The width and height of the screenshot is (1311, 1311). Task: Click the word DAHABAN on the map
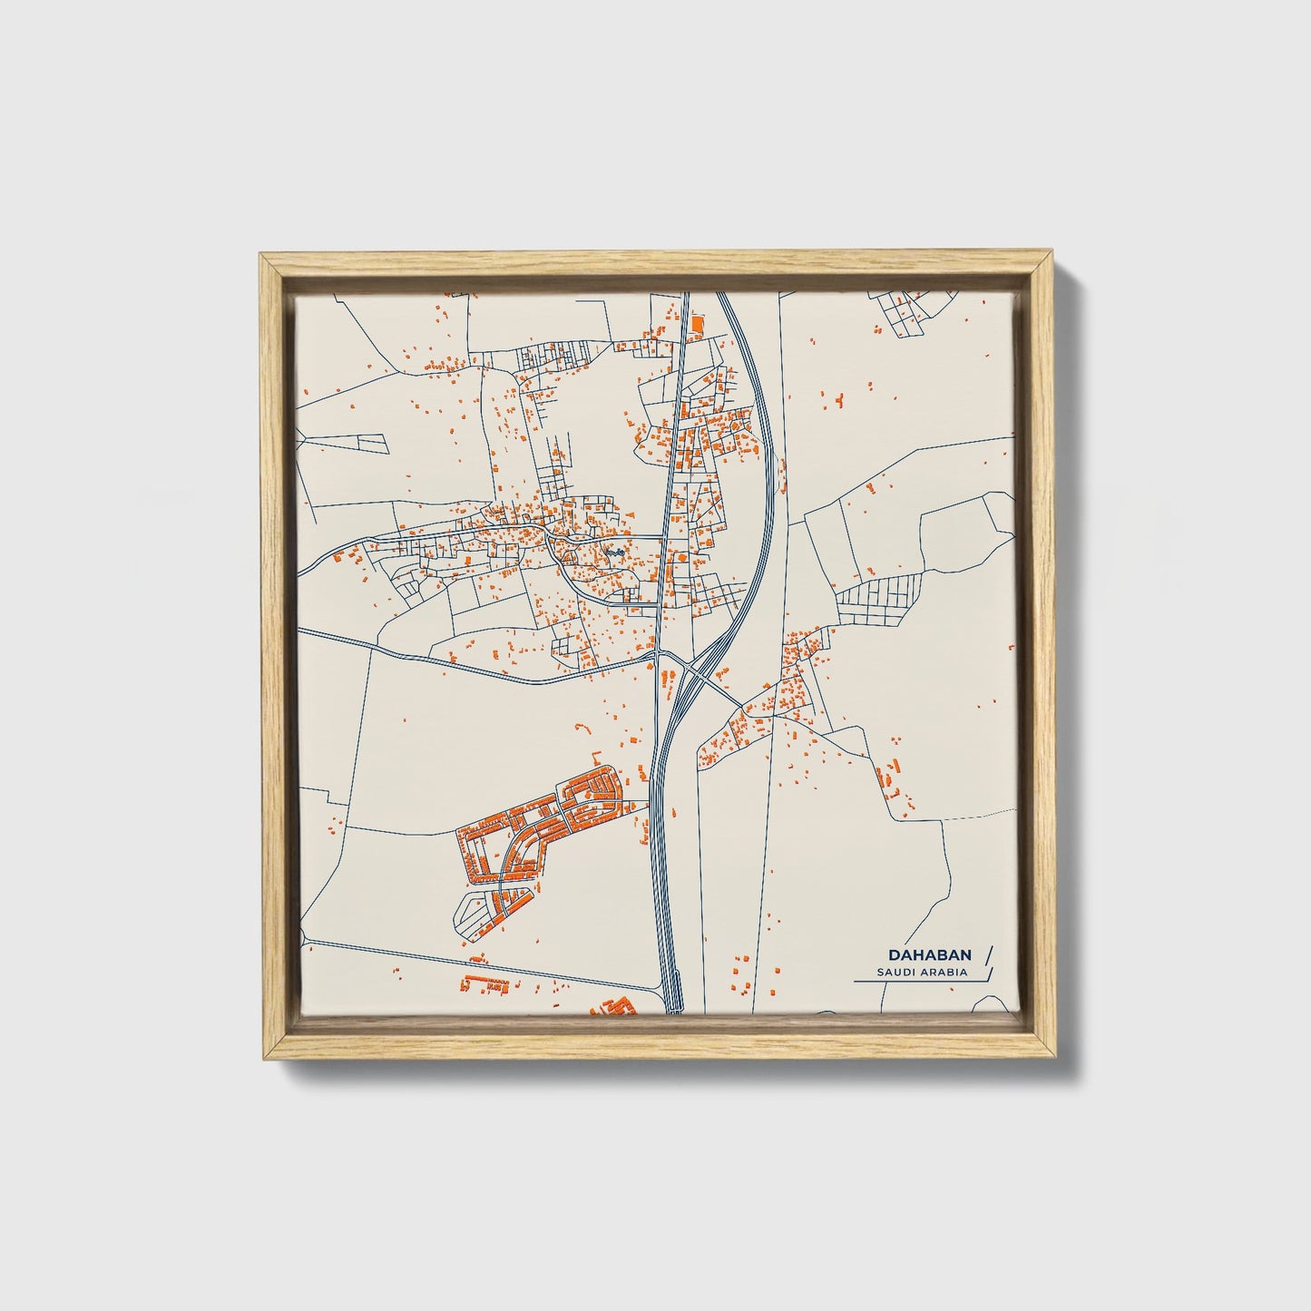(x=930, y=955)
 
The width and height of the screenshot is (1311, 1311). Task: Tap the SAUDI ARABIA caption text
(x=922, y=973)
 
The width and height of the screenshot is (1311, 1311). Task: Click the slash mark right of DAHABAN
(x=987, y=954)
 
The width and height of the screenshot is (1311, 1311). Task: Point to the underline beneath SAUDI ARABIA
(x=916, y=982)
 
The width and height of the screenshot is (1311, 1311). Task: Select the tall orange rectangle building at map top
(x=696, y=323)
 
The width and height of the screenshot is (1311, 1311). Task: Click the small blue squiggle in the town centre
(x=615, y=551)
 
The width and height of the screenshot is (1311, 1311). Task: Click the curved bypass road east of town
(x=768, y=508)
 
